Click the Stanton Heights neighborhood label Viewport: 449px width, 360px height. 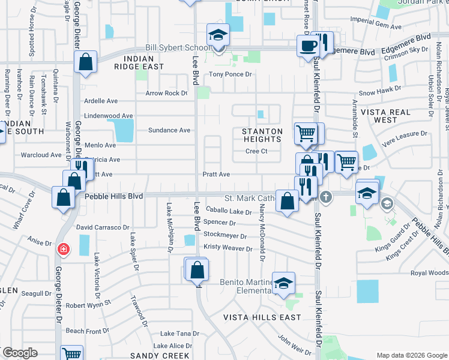tap(262, 135)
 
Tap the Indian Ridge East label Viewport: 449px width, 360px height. tap(143, 62)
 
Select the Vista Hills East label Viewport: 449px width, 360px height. tap(262, 317)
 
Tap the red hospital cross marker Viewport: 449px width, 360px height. tap(62, 249)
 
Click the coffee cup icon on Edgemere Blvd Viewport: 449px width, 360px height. tap(309, 46)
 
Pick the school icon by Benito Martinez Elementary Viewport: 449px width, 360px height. tap(283, 283)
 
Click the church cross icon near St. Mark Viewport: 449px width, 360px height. tap(325, 196)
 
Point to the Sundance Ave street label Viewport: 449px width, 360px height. tap(170, 130)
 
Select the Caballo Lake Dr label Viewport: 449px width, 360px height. tap(229, 211)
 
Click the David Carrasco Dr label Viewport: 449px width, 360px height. tap(103, 228)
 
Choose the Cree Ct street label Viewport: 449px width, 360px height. tap(256, 151)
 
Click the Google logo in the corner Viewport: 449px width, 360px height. tap(20, 353)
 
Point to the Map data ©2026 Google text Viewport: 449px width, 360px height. tap(411, 355)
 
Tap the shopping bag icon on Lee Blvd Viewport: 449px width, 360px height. tap(197, 271)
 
